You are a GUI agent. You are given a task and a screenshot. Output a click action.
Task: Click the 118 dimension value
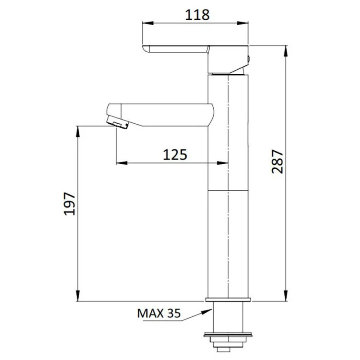[197, 14]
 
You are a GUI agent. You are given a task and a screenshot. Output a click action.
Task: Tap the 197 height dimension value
[68, 203]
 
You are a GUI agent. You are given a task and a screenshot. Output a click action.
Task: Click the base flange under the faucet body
[228, 300]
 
